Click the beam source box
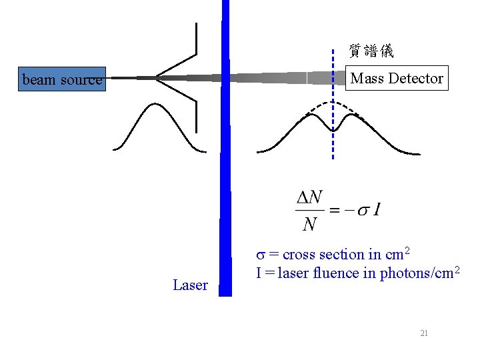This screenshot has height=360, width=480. [x=62, y=79]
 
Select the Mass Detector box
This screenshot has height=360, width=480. [x=397, y=78]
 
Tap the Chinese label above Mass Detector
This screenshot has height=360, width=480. [x=371, y=51]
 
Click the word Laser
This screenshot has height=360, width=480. [x=190, y=285]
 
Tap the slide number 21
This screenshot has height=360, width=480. [x=424, y=333]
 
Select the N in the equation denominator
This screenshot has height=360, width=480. [x=309, y=224]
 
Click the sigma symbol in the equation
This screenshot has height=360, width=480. [x=363, y=211]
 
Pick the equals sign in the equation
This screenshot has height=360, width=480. [x=335, y=211]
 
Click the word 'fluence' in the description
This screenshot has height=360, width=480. [x=326, y=273]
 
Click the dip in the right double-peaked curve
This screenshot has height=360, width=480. [x=333, y=129]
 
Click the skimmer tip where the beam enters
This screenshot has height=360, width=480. [x=157, y=78]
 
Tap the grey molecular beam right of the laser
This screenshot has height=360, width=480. [x=280, y=78]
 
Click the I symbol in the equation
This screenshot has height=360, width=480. [x=377, y=211]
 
